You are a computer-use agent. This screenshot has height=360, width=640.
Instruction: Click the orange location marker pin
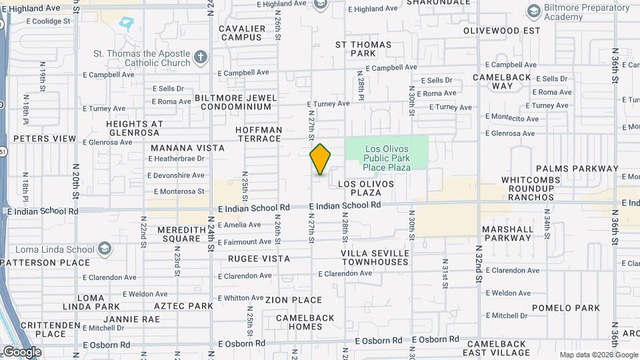(x=320, y=159)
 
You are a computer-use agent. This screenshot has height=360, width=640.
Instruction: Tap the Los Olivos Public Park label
(x=387, y=157)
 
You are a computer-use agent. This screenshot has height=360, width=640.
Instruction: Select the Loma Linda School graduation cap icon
(x=104, y=250)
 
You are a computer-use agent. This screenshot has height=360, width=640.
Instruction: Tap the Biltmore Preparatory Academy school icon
(x=533, y=11)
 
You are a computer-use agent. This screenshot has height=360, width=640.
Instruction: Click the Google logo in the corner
(x=22, y=352)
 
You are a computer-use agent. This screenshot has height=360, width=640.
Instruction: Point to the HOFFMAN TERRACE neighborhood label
(x=259, y=134)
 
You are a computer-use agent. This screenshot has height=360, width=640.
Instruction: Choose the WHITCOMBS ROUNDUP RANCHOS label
(x=537, y=189)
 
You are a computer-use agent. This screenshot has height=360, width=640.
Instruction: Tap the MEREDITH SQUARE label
(x=178, y=234)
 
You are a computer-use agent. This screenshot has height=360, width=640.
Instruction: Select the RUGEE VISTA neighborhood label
(x=259, y=259)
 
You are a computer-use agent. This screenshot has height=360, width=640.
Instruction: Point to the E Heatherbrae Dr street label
(x=177, y=159)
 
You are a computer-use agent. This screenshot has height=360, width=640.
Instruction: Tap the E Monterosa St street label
(x=177, y=191)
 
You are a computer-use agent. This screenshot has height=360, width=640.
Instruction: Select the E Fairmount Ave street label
(x=243, y=241)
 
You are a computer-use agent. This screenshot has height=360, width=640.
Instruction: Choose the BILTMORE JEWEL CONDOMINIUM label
(x=236, y=102)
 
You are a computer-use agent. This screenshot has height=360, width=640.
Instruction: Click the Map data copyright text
(x=599, y=355)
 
